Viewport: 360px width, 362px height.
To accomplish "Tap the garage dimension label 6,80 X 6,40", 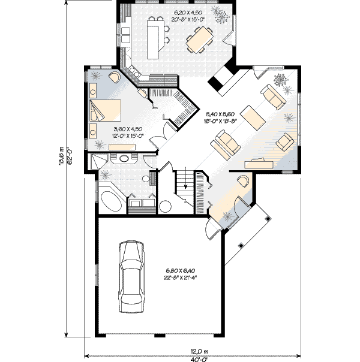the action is pyautogui.click(x=181, y=270).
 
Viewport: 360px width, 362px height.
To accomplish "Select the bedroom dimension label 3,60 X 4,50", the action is pyautogui.click(x=128, y=129).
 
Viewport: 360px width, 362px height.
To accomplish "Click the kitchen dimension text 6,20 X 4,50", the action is pyautogui.click(x=188, y=13).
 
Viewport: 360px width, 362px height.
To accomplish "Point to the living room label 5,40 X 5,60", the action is pyautogui.click(x=220, y=114).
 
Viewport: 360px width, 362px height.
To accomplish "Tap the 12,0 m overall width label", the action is pyautogui.click(x=199, y=352).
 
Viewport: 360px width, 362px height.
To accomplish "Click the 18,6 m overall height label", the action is pyautogui.click(x=61, y=156).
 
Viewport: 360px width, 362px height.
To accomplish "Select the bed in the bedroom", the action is pyautogui.click(x=106, y=110).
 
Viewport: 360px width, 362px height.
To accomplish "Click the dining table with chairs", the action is pyautogui.click(x=200, y=40).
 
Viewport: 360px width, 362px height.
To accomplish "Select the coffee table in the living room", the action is pyautogui.click(x=253, y=118).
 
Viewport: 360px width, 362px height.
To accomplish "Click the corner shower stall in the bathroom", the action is pyautogui.click(x=99, y=162).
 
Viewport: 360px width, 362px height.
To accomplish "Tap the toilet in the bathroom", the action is pyautogui.click(x=149, y=178).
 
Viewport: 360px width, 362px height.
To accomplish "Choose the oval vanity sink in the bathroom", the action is pyautogui.click(x=124, y=159).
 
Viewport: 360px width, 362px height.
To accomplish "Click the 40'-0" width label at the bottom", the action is pyautogui.click(x=200, y=359).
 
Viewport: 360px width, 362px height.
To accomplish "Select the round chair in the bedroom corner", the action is pyautogui.click(x=115, y=77).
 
